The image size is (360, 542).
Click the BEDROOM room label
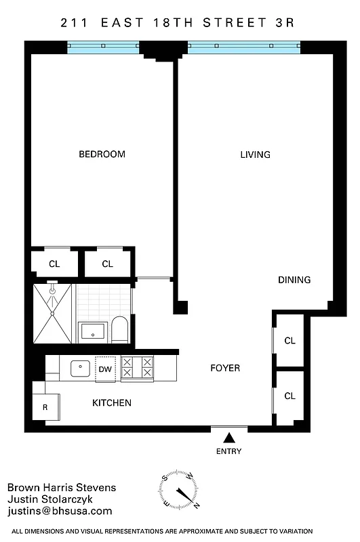102,154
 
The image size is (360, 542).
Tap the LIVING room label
255,154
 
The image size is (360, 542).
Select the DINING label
294,280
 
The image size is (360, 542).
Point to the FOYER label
225,369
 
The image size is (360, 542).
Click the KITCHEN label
112,403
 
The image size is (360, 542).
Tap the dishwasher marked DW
105,369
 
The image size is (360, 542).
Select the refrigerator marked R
45,407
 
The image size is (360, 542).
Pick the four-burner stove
137,367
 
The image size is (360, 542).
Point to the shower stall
52,314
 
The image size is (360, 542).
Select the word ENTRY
229,451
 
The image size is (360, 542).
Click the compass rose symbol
179,489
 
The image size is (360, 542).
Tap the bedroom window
104,48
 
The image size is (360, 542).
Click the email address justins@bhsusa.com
60,512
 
